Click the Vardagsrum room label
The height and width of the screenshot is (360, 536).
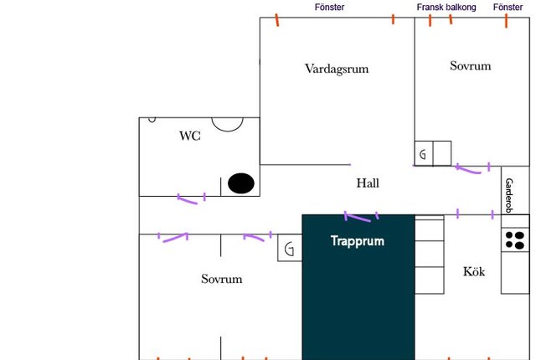[337, 69]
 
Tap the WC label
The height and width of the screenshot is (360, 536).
[190, 136]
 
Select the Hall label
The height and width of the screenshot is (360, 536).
[368, 183]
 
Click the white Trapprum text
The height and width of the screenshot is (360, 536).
[358, 241]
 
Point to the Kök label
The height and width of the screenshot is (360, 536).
[474, 271]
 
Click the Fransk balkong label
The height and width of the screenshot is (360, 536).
[446, 8]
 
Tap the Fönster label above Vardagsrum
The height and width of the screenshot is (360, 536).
[329, 8]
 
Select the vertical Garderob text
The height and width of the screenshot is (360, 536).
[509, 195]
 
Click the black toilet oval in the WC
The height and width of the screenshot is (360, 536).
[241, 183]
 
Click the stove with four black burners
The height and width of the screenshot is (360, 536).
[515, 240]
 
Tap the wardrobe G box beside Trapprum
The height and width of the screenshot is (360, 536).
[290, 248]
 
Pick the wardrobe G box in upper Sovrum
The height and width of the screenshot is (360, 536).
[424, 154]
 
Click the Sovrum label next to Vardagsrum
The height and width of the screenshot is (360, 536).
[471, 66]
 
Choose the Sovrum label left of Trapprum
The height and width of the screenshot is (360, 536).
[222, 279]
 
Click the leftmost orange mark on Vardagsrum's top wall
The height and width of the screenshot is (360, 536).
[277, 20]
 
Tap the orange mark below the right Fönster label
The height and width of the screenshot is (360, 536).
[506, 20]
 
